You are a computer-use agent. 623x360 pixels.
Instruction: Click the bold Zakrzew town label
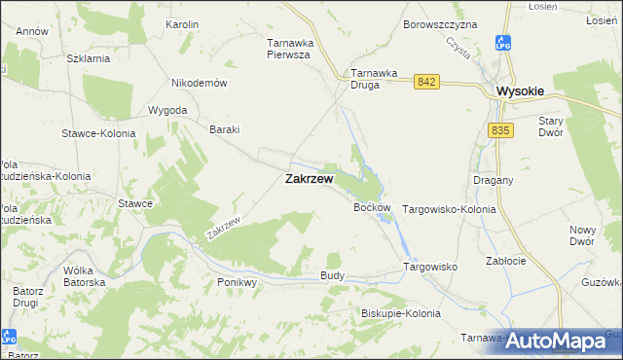(x=310, y=180)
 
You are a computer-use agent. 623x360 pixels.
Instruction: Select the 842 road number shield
(x=424, y=83)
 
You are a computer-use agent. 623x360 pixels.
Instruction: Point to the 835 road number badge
(x=501, y=130)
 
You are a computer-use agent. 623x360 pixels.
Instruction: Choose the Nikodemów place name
(x=199, y=83)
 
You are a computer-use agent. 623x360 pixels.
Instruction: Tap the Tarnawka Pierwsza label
(x=288, y=49)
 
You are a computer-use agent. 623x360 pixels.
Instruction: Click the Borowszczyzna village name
(x=440, y=23)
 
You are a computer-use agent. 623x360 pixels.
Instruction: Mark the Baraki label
(x=225, y=129)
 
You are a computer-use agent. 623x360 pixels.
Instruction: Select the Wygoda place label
(x=167, y=110)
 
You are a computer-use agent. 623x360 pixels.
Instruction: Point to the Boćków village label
(x=373, y=208)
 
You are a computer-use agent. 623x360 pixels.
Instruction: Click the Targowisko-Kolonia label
(x=450, y=209)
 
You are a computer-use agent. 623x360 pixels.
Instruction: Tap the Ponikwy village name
(x=237, y=282)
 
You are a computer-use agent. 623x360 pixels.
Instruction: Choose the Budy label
(x=333, y=276)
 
